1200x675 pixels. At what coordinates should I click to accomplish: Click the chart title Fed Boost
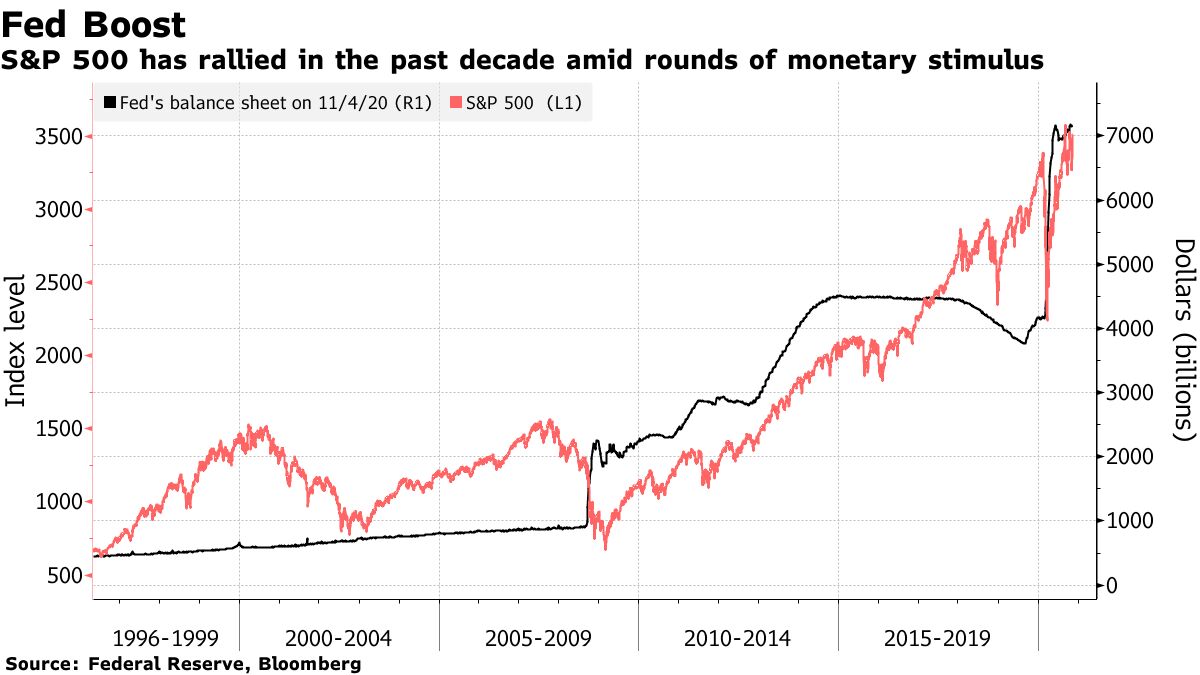(94, 24)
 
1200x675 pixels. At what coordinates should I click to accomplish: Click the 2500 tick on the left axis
(54, 282)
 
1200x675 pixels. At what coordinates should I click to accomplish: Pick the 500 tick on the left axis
(61, 575)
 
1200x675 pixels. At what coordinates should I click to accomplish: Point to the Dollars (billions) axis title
(1184, 340)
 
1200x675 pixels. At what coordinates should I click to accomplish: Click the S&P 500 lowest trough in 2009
(605, 548)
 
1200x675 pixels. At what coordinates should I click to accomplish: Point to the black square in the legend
(110, 102)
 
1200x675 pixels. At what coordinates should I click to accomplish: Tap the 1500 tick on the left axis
(54, 429)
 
